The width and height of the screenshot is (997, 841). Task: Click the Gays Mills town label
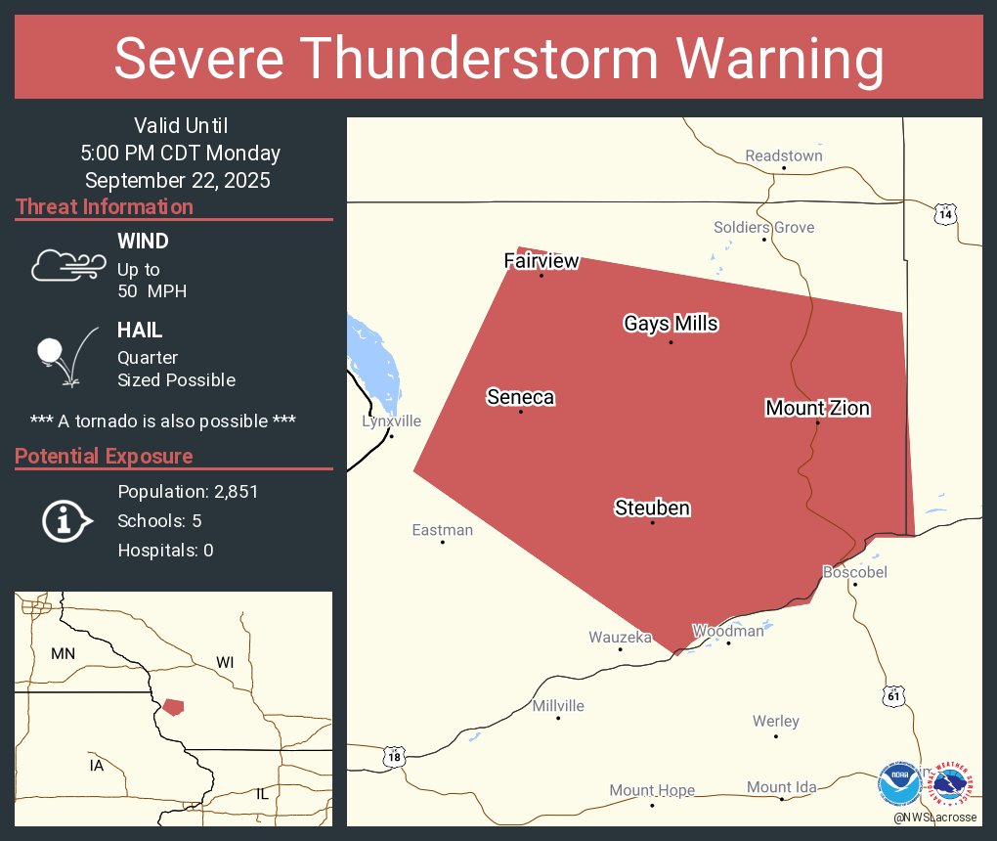(x=671, y=324)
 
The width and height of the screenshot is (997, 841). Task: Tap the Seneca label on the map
(x=520, y=397)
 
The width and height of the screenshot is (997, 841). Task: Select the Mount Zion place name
(x=817, y=408)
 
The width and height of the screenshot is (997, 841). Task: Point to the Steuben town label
(x=652, y=508)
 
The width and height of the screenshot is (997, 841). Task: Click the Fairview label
(x=542, y=260)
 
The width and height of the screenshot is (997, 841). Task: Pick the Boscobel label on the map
(x=854, y=572)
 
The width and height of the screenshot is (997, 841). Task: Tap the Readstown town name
(x=783, y=155)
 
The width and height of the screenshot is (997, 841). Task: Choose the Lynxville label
(x=391, y=421)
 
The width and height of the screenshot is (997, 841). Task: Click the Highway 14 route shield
(x=943, y=214)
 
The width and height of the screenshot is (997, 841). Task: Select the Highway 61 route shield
(x=892, y=696)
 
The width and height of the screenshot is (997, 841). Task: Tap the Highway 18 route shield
(x=393, y=756)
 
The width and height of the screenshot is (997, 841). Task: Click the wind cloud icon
(x=67, y=265)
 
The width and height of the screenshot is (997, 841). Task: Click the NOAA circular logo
(x=899, y=783)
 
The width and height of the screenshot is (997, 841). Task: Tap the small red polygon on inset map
(x=173, y=706)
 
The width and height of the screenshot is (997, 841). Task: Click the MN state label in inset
(x=64, y=653)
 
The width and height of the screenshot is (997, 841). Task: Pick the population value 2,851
(x=231, y=492)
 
